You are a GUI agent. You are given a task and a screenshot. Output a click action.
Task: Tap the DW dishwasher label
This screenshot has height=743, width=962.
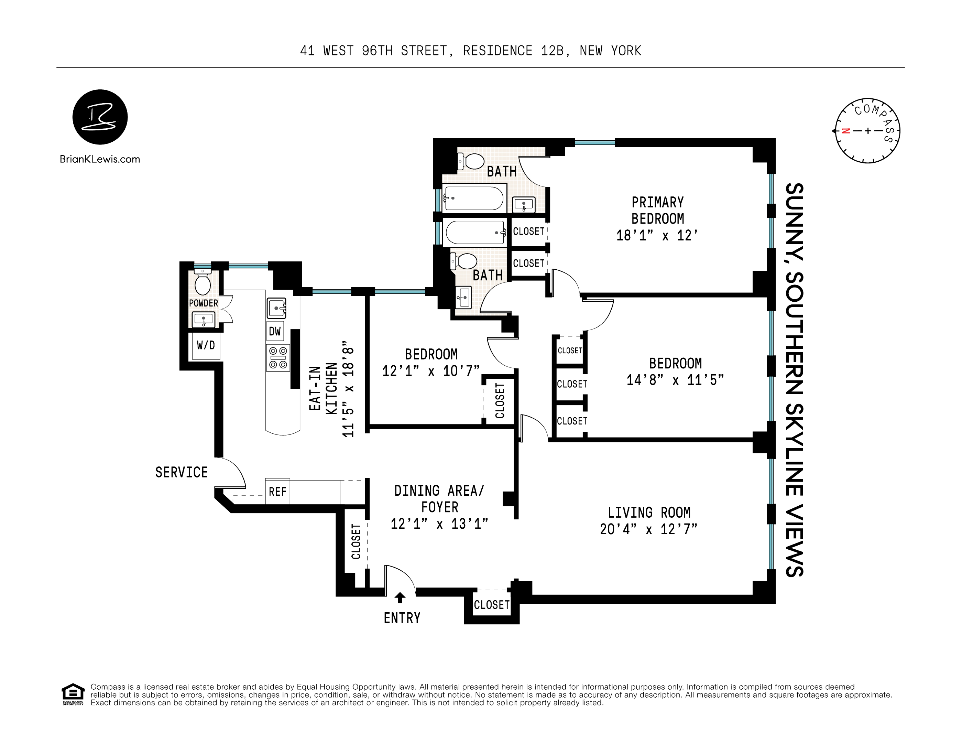[275, 331]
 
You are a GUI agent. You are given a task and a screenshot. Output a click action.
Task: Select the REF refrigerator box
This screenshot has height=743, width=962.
[277, 491]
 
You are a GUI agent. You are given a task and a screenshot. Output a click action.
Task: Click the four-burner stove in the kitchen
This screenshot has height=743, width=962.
[278, 357]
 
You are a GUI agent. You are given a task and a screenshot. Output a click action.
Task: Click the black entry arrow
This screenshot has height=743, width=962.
[400, 597]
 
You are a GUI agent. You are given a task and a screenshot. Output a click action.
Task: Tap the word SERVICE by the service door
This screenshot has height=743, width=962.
[182, 472]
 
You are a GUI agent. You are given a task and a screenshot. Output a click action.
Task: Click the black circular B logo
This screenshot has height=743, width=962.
[100, 117]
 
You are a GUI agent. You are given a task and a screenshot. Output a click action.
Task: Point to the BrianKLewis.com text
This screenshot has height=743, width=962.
[100, 160]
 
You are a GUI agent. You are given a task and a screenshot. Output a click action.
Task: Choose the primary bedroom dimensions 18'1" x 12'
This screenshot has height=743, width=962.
[657, 235]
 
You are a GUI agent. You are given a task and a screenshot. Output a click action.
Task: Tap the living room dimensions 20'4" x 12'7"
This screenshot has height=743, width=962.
[648, 529]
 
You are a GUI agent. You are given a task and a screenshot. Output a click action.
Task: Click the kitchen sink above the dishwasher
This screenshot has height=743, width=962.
[276, 308]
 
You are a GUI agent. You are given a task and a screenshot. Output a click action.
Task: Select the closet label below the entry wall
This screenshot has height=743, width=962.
[492, 605]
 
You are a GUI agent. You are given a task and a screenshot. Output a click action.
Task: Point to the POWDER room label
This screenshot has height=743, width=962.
[204, 303]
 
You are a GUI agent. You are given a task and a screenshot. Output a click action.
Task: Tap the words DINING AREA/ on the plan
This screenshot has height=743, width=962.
[439, 491]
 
